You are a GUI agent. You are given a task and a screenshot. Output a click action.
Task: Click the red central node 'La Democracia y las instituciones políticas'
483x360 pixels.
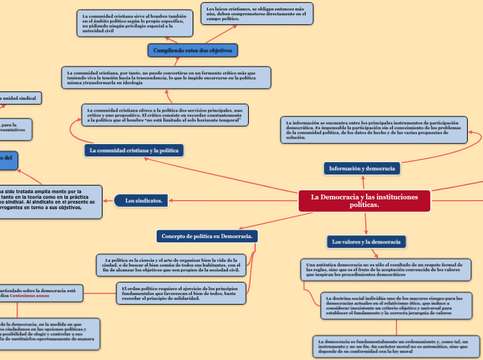[364, 201]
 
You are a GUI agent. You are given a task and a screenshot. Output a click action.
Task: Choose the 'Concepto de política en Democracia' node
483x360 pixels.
[207, 237]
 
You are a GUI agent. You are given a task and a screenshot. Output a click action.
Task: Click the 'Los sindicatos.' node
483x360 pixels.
[143, 201]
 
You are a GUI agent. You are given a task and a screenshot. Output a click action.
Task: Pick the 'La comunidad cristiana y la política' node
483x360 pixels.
[133, 150]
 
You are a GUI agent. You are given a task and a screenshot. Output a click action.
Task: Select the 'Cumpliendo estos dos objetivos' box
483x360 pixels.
[193, 51]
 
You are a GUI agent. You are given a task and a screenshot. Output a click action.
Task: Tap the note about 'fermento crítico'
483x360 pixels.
[166, 78]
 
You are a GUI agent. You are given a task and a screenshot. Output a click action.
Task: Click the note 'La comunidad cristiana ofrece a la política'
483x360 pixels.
[165, 115]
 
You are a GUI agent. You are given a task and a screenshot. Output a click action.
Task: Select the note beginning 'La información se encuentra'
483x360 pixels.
[374, 129]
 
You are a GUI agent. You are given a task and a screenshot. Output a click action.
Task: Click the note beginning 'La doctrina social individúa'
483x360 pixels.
[396, 305]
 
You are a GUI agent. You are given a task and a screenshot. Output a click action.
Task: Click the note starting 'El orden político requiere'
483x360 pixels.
[182, 293]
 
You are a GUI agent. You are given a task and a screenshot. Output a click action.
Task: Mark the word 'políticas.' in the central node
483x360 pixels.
[365, 205]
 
